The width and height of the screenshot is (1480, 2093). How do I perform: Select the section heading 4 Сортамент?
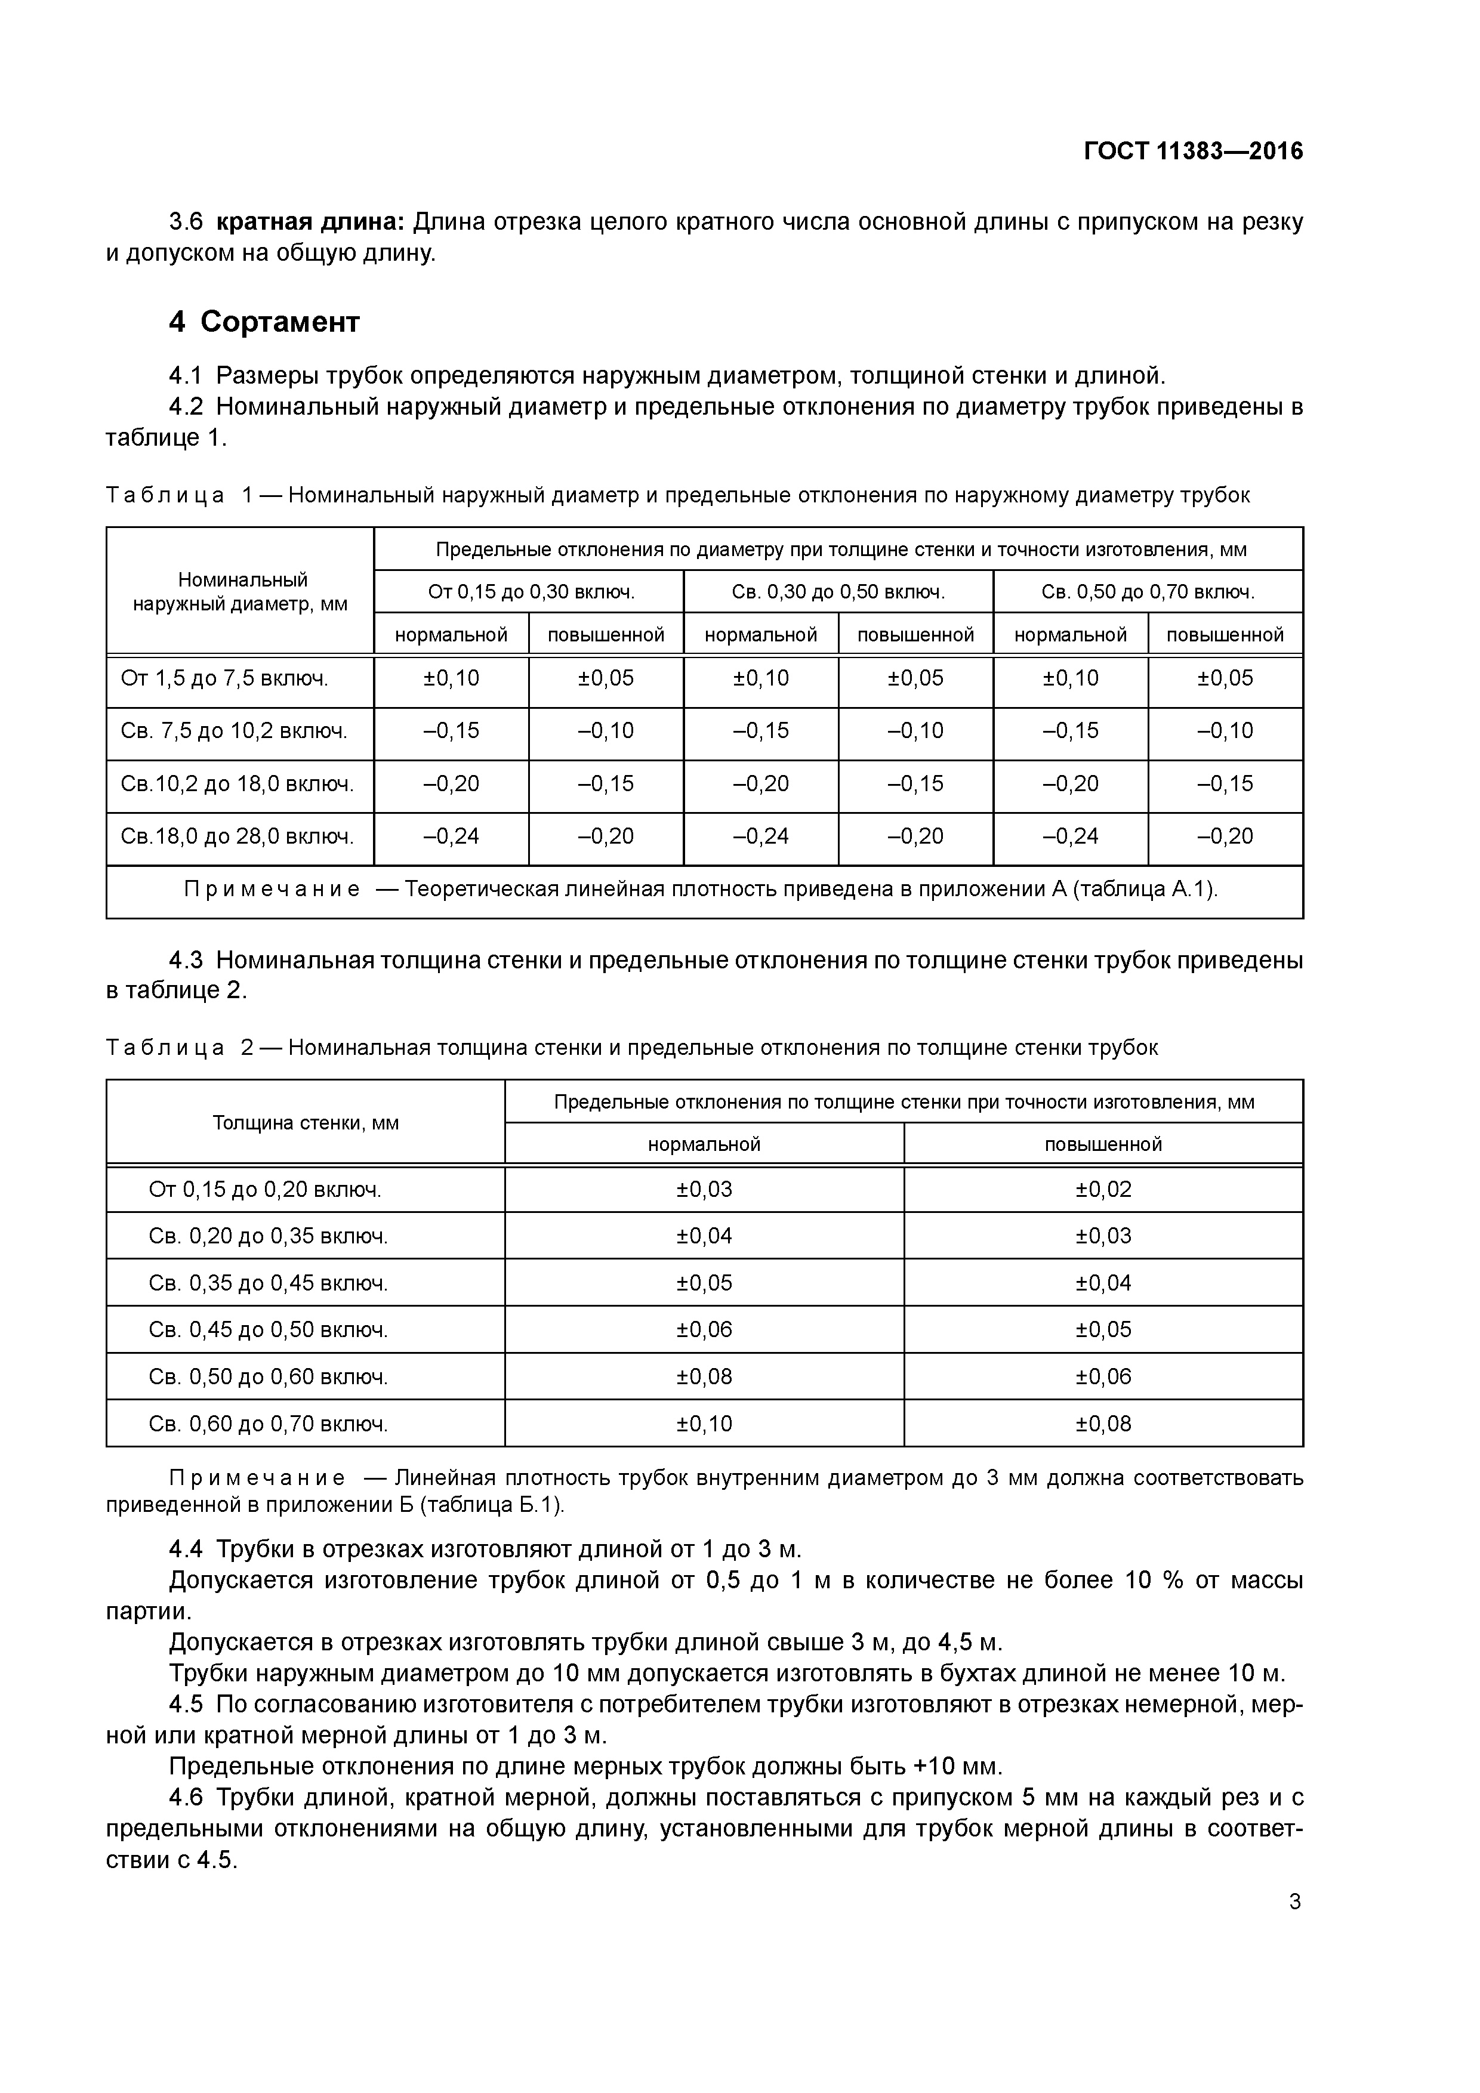264,322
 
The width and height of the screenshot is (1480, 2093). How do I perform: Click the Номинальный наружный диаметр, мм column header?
240,592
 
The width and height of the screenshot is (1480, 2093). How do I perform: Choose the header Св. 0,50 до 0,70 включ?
1148,592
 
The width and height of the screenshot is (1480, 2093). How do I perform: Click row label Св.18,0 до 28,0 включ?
237,836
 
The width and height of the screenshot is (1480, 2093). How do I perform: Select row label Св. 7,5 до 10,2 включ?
235,731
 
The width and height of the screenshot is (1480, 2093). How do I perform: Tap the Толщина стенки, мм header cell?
306,1122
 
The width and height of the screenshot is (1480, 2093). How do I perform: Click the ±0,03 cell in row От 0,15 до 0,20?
704,1188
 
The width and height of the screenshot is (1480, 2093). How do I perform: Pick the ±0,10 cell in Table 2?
704,1424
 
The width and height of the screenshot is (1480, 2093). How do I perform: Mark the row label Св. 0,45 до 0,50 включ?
268,1330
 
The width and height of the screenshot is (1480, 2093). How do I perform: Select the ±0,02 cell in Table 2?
1103,1188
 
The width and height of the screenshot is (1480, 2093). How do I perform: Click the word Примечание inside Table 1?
272,889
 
